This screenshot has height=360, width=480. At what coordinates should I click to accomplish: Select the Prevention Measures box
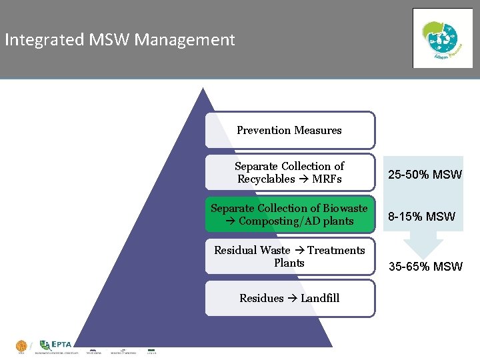click(x=289, y=130)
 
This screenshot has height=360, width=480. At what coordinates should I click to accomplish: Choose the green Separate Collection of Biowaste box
click(x=289, y=215)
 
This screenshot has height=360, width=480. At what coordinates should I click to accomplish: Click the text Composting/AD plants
click(x=296, y=221)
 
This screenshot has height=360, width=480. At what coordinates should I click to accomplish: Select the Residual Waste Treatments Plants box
click(x=289, y=257)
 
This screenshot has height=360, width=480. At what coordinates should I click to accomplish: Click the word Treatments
click(x=336, y=250)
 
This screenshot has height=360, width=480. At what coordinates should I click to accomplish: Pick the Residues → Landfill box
click(x=289, y=298)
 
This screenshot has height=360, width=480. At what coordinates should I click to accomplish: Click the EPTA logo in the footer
click(x=55, y=345)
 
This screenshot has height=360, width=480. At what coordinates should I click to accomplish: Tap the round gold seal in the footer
click(x=21, y=346)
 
